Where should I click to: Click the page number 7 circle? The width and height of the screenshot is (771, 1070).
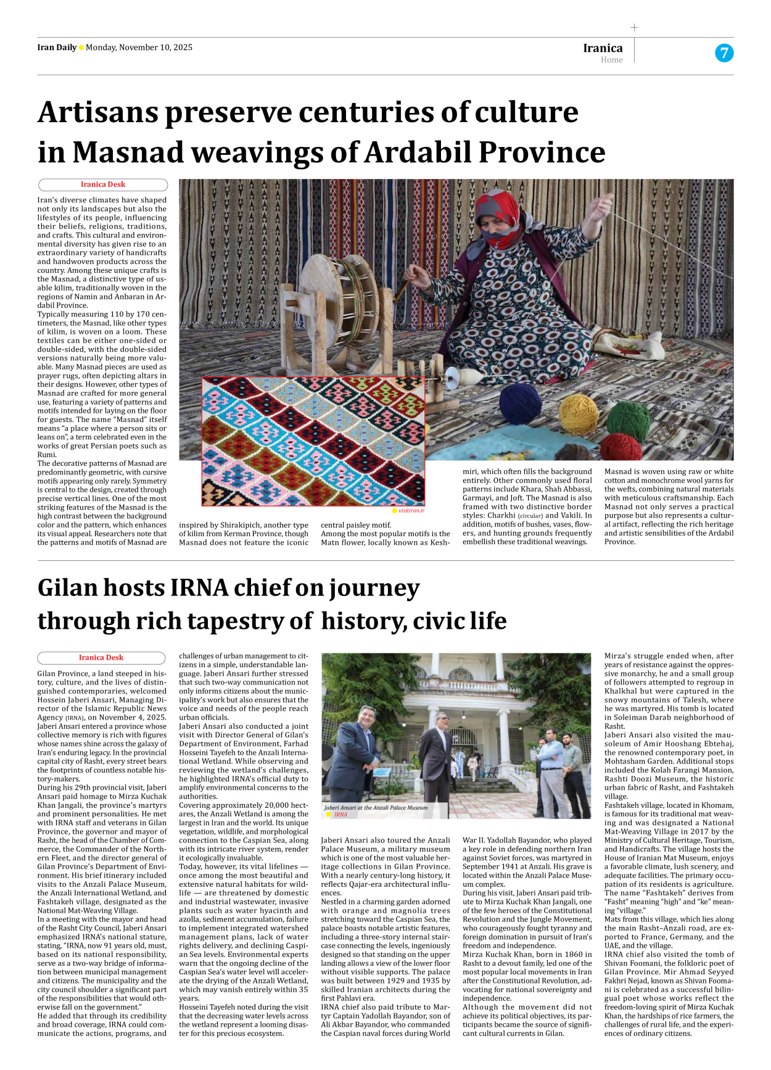click(724, 53)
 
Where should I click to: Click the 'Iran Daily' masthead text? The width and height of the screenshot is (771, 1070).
click(57, 48)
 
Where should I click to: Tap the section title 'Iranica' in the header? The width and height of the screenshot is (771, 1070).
click(603, 48)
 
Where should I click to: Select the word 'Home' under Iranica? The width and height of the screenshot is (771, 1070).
click(611, 60)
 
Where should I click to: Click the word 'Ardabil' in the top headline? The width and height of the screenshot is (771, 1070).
click(418, 152)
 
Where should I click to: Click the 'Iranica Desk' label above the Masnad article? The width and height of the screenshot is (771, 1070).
click(102, 185)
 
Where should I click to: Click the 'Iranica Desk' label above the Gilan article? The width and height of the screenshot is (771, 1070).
click(101, 658)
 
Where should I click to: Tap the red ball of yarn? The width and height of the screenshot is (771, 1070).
click(620, 447)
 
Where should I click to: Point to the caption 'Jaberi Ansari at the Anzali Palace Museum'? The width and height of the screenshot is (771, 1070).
click(376, 807)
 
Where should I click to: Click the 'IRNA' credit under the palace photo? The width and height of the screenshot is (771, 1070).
click(340, 815)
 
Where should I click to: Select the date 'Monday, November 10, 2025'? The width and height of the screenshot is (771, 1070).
click(139, 48)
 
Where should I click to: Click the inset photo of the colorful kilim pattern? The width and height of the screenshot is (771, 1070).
click(313, 441)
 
